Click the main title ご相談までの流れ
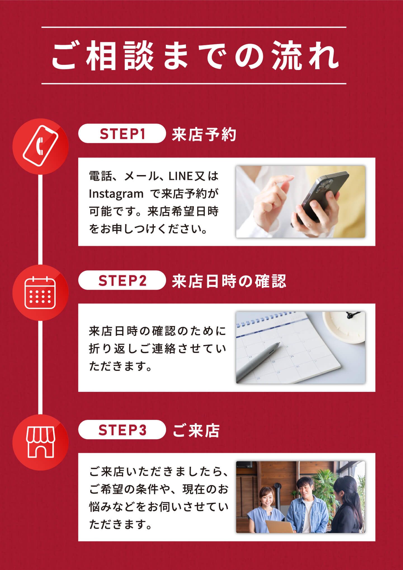click(195, 56)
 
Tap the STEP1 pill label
click(122, 134)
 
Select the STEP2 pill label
click(122, 280)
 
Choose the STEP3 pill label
click(122, 430)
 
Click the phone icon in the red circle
click(41, 146)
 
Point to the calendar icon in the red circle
click(40, 293)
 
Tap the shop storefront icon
click(41, 442)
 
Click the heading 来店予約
click(204, 134)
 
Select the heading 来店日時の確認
click(229, 281)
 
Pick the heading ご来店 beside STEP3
click(196, 431)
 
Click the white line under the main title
click(194, 83)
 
